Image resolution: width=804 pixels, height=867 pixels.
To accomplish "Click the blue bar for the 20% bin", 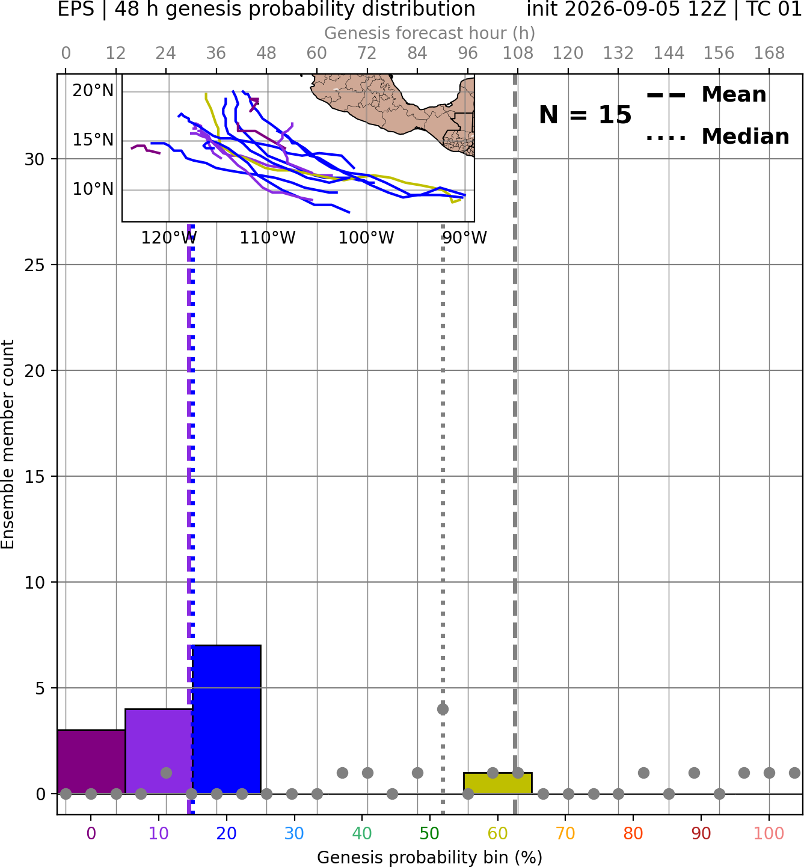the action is tap(227, 719).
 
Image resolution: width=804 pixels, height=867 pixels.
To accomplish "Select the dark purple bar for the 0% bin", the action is tap(91, 761).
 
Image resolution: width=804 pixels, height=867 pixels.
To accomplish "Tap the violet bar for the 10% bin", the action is tap(159, 751).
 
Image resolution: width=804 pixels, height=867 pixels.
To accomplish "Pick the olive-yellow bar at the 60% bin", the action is tap(498, 783).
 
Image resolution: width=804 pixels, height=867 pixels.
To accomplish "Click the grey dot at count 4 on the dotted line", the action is tap(443, 709).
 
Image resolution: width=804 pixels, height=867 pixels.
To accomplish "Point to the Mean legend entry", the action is tap(706, 94).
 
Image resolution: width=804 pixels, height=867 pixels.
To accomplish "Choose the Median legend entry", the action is tap(717, 136).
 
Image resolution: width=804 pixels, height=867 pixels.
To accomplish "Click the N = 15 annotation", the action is tap(585, 115).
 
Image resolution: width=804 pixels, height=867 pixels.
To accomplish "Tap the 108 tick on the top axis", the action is tap(518, 54).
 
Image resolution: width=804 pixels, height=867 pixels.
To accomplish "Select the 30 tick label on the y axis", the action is tap(34, 159).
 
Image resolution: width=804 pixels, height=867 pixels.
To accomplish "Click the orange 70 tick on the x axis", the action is tap(565, 833).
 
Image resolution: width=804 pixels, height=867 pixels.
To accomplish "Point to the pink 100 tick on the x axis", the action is tap(769, 833).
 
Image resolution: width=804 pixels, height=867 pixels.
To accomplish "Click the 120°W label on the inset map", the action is tap(169, 238).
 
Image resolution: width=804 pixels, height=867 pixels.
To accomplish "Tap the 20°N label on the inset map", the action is tap(93, 91).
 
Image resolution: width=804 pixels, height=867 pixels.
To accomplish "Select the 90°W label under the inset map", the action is tap(465, 238).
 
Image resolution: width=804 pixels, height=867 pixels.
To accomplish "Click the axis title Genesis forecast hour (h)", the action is tap(430, 33).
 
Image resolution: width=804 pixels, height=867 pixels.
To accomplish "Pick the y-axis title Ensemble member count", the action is tap(7, 444).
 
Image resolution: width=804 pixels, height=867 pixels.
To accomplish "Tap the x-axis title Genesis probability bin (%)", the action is tap(430, 857).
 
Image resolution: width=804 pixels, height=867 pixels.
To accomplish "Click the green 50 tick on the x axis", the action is tap(430, 833).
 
